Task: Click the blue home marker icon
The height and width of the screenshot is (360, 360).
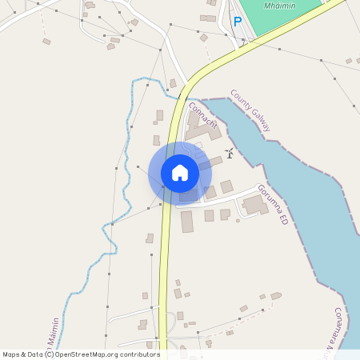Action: pos(180,173)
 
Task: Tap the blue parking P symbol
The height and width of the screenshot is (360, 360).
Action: pos(237,22)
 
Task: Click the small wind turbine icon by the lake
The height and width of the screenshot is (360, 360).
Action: pos(230,153)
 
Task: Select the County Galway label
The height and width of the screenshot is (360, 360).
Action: pos(251,110)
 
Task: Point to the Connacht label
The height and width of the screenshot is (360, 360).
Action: pos(202,115)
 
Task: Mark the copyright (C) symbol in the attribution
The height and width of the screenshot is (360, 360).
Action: pos(50,354)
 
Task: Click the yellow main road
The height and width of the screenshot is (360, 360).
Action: pos(165,264)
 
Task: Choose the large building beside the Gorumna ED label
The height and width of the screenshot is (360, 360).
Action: pos(256,205)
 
